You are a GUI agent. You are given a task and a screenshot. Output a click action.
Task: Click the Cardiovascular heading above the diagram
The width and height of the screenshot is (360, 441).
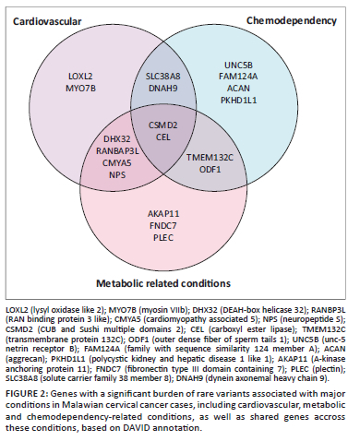point(47,21)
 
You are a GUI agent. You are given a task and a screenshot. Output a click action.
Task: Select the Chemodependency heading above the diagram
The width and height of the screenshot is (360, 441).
point(292,21)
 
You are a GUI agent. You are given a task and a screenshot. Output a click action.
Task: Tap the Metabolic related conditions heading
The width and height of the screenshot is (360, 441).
point(163,283)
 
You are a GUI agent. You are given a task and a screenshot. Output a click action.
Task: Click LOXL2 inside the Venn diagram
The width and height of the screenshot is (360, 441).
point(80,77)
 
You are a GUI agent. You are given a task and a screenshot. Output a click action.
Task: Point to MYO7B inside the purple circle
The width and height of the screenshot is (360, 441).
point(80,89)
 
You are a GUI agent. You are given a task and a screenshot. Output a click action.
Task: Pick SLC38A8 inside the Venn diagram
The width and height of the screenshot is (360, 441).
point(163,77)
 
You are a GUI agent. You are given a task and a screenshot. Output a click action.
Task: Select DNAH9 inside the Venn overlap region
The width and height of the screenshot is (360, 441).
point(163,89)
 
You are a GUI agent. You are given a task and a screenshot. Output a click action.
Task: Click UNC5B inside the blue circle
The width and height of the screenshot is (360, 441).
point(238,66)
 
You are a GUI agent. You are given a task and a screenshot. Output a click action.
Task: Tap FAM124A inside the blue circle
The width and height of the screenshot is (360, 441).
point(238,77)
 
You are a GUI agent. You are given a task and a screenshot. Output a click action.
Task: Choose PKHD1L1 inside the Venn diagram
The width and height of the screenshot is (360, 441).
point(238,101)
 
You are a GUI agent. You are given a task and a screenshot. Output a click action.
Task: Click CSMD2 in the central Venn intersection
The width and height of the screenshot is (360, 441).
point(163,125)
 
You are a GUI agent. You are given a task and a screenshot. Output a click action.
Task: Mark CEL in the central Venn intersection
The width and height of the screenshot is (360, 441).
point(163,137)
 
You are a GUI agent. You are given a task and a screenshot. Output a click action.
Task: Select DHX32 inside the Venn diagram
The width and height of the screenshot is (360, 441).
point(117,139)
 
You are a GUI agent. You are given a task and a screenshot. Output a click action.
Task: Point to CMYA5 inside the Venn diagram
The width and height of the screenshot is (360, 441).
point(117,162)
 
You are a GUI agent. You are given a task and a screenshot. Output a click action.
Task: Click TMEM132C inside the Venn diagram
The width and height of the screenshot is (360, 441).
point(210,158)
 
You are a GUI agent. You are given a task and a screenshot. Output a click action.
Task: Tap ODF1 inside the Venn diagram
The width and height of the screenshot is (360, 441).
point(210,170)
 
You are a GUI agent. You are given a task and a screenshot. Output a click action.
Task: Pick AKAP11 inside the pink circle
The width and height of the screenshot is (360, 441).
point(163,214)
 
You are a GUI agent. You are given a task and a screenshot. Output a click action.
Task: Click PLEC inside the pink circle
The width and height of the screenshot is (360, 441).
point(163,238)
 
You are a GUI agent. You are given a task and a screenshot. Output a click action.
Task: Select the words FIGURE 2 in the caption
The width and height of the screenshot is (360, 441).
point(26,394)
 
